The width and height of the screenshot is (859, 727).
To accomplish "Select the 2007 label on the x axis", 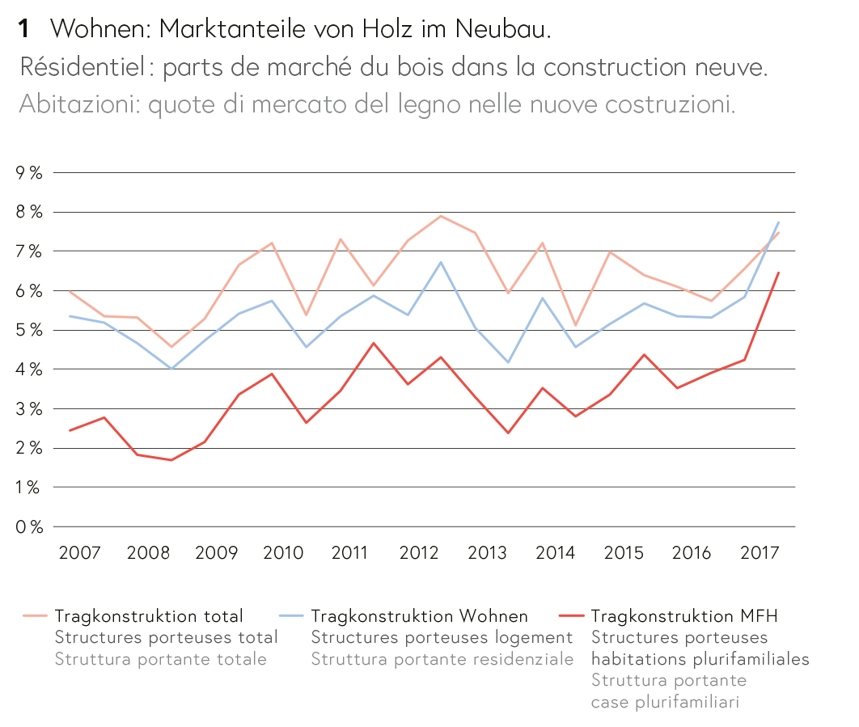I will tap(80, 553).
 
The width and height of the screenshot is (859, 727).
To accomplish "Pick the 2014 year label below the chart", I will tap(556, 553).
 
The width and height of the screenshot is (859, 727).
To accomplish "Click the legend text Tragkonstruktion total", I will tap(149, 616).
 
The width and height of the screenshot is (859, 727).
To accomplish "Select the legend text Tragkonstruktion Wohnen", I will tap(419, 616).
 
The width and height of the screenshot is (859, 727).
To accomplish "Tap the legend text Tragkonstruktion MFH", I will tap(684, 616).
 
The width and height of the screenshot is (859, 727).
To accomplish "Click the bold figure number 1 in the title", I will tap(24, 29).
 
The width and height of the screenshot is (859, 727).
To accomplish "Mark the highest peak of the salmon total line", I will tap(441, 216).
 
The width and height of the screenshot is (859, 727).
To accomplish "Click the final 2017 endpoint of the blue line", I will tap(778, 222).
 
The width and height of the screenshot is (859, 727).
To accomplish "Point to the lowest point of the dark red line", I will tap(171, 460).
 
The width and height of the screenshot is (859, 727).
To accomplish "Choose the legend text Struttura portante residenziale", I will tap(442, 659).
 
